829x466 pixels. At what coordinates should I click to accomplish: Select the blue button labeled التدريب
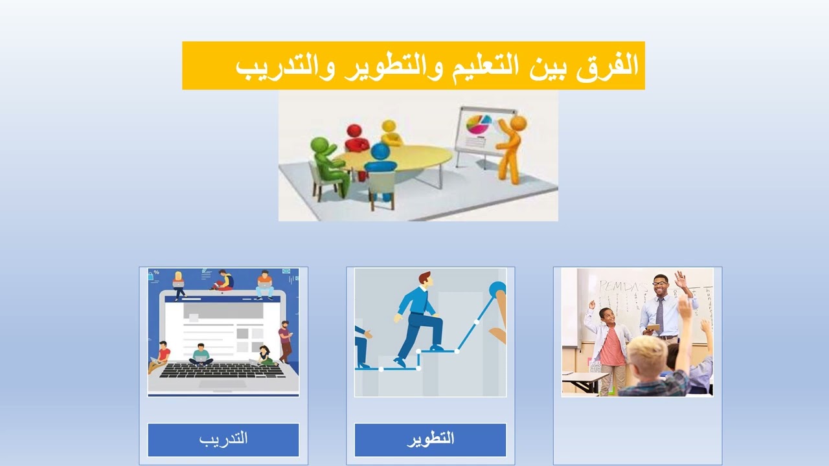pos(223,439)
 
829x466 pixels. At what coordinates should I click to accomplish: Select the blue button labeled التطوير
pos(430,439)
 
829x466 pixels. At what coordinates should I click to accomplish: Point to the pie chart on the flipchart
pos(479,124)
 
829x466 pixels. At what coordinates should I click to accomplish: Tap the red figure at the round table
pos(356,139)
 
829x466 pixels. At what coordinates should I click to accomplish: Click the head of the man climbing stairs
pos(424,280)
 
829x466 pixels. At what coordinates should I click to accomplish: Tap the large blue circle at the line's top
pos(497,289)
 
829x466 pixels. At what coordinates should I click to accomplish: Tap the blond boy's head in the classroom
pos(646,352)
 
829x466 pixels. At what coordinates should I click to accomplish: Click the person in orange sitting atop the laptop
pos(264,283)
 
